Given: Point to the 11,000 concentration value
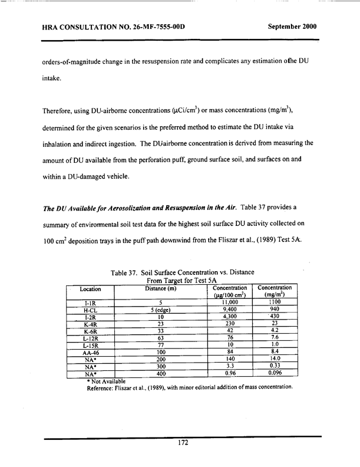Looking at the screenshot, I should (x=230, y=301).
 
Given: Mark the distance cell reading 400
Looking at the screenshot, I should (x=160, y=373).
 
